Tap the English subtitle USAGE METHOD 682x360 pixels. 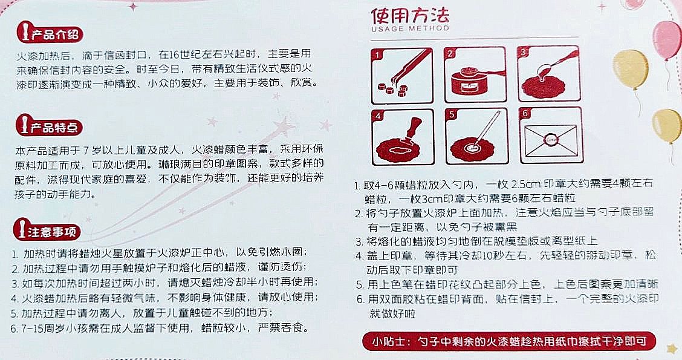tap(410, 28)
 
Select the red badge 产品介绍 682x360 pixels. tap(49, 33)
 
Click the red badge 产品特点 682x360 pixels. tap(49, 126)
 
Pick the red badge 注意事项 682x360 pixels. tap(48, 231)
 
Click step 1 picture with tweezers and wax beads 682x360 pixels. tap(402, 76)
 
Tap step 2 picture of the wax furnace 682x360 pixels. tap(475, 75)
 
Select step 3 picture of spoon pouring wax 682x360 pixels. tap(549, 74)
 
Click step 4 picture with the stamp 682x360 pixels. tap(403, 137)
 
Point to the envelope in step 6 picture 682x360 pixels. tap(551, 140)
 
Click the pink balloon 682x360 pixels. tap(667, 40)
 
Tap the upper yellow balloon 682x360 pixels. tap(631, 70)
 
